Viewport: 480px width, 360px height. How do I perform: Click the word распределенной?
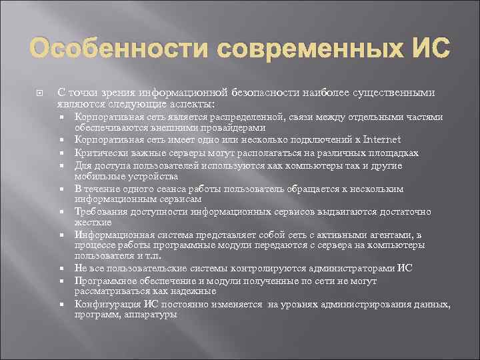(x=251, y=117)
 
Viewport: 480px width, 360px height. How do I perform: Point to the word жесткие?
(x=93, y=221)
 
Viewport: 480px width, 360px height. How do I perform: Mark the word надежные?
(x=193, y=291)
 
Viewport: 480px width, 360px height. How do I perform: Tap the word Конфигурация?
(x=105, y=305)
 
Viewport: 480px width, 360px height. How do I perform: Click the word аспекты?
(x=194, y=104)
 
